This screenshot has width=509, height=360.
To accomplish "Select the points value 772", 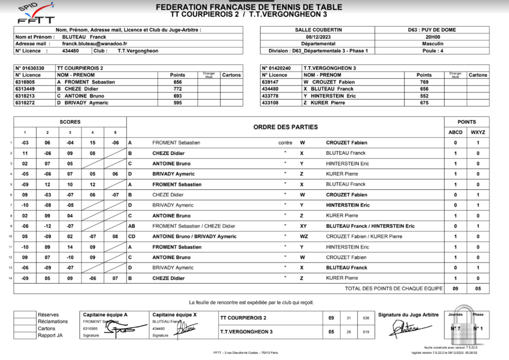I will [x=177, y=89].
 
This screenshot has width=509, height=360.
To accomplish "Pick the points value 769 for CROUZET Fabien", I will [x=424, y=82].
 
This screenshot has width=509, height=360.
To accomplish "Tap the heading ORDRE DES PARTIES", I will [x=285, y=127].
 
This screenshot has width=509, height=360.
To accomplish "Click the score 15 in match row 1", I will [x=92, y=143].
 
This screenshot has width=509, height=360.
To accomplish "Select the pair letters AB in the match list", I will [x=131, y=226].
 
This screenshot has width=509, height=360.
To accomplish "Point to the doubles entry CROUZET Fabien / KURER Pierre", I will [x=357, y=237].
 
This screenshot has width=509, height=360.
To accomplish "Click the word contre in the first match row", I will [x=285, y=143].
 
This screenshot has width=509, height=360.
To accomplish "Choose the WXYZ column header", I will [x=478, y=132].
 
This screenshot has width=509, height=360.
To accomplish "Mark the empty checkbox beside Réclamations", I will [x=24, y=321].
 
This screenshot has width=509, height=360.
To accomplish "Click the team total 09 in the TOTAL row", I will [x=455, y=288].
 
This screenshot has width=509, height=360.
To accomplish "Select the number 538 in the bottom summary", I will [x=366, y=318].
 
